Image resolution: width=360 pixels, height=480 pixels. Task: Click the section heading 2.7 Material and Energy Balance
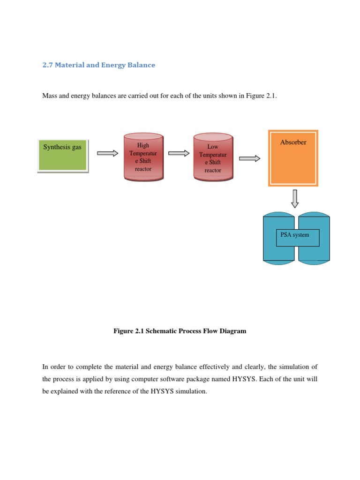98,65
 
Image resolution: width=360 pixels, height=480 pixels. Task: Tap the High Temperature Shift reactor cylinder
143,157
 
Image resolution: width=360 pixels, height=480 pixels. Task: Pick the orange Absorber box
293,158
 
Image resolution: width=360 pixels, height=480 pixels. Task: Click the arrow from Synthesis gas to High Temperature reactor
107,153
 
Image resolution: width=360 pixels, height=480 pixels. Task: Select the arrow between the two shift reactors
178,153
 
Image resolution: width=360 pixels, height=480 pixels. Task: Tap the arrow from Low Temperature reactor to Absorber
249,158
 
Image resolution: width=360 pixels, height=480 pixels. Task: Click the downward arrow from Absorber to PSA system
294,198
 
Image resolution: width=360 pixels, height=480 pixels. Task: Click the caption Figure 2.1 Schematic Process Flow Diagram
180,331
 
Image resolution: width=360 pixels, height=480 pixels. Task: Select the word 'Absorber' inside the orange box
293,142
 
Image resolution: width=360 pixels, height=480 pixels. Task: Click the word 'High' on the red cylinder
143,145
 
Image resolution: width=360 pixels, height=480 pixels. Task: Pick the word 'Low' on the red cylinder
213,147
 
